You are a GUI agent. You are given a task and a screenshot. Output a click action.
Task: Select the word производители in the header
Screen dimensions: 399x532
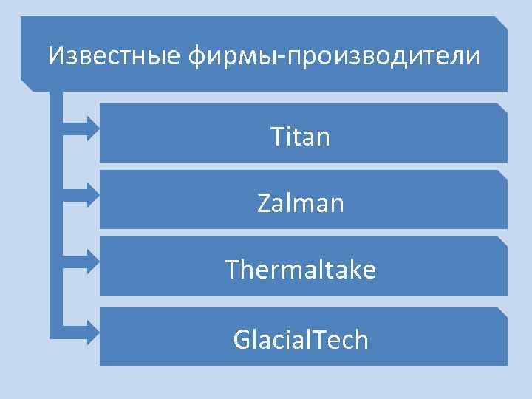tap(383, 55)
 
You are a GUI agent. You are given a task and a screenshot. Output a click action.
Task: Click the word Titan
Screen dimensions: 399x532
tap(300, 136)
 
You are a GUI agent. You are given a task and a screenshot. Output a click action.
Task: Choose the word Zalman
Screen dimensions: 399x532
tap(300, 202)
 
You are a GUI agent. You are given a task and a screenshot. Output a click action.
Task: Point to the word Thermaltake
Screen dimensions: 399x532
tap(300, 270)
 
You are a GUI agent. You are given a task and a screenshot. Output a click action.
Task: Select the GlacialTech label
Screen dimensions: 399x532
tap(300, 339)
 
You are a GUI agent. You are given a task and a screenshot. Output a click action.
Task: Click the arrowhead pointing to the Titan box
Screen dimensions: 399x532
tap(92, 128)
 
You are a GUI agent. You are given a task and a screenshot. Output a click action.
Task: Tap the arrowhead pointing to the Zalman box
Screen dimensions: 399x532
tap(92, 194)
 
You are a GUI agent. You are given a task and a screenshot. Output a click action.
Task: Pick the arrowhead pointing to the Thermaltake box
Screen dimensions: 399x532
tap(92, 262)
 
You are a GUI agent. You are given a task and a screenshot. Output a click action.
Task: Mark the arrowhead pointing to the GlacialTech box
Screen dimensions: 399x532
tap(92, 332)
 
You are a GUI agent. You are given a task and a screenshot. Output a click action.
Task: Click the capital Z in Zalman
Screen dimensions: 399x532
tap(265, 202)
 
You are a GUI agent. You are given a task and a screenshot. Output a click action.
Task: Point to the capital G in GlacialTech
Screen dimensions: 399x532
tap(242, 340)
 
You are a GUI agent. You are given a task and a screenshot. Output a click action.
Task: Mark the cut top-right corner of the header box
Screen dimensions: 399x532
tap(502, 21)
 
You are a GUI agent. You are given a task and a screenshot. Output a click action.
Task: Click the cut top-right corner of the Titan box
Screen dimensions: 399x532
tap(502, 108)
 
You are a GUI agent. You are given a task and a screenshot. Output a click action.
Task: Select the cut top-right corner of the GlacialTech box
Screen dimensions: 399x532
tap(502, 313)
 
